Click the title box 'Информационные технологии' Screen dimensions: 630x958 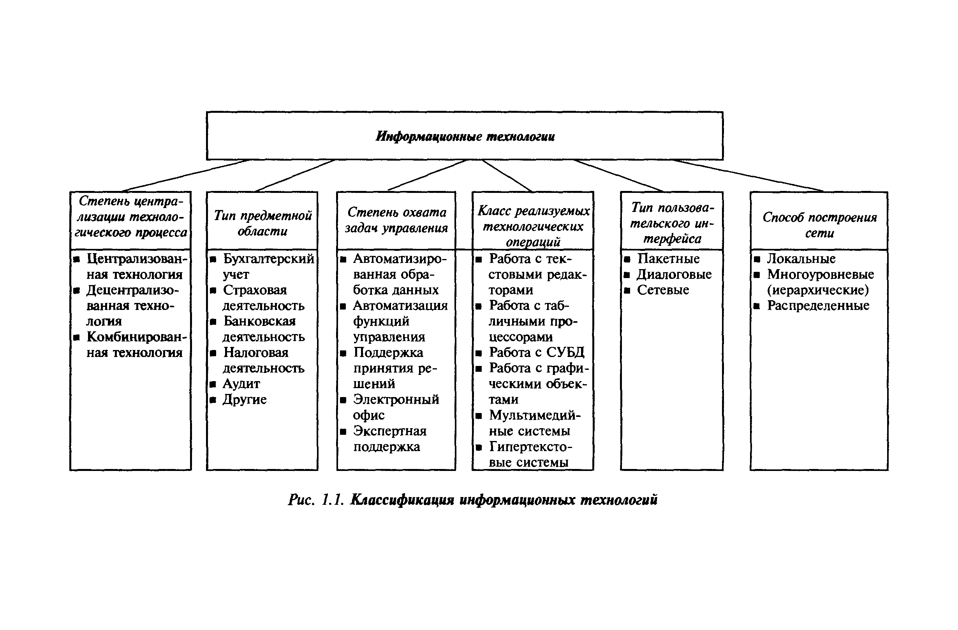click(465, 136)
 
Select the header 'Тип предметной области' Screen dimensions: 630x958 click(262, 223)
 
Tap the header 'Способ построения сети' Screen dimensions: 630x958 click(819, 225)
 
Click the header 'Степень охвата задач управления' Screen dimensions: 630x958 click(396, 220)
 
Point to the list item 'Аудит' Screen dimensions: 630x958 click(241, 384)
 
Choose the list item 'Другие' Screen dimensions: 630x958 click(244, 400)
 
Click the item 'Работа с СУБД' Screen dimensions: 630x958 click(536, 353)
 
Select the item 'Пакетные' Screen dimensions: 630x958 click(668, 259)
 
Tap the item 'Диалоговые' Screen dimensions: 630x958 click(674, 274)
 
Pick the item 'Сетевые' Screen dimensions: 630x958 click(663, 290)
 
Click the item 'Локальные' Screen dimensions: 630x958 click(801, 259)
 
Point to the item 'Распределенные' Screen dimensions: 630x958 click(818, 306)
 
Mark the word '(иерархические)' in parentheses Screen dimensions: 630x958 click(818, 290)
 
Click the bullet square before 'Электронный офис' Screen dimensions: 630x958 click(343, 400)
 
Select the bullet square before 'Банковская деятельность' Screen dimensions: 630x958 click(213, 322)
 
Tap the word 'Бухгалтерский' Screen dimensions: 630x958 click(268, 259)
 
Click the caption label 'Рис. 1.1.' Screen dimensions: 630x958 click(316, 500)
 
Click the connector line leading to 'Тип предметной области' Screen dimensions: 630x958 click(295, 175)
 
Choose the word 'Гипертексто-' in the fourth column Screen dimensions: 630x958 click(530, 447)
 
